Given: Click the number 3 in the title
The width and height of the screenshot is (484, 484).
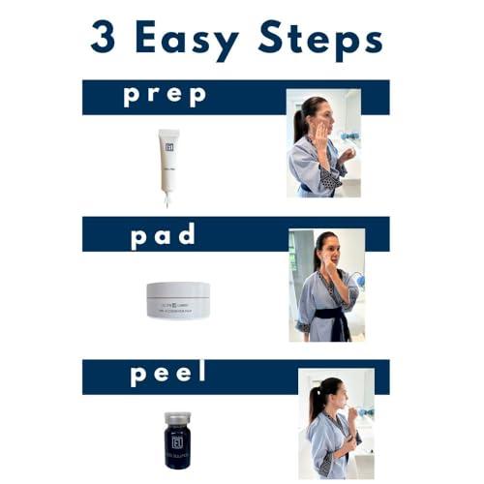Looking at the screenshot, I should (x=104, y=38).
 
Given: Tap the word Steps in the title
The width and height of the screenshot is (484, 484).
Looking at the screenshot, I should (x=320, y=40).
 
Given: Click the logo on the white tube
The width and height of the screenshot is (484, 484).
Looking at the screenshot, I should (x=169, y=145).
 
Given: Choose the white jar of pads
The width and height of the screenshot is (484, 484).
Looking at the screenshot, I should (x=178, y=300).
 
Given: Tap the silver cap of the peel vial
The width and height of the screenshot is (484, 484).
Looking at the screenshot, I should (x=177, y=418).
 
